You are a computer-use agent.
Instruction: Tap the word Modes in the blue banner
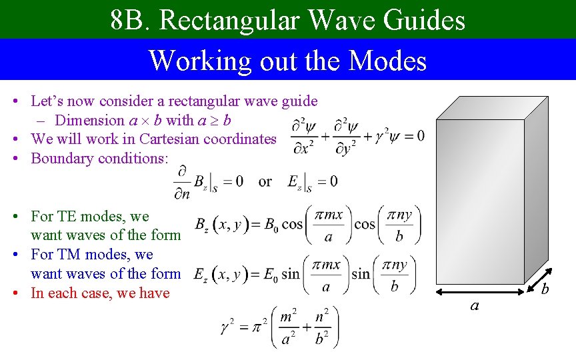point(387,61)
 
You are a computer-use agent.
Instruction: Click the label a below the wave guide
point(474,305)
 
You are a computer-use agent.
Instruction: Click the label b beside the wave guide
point(545,289)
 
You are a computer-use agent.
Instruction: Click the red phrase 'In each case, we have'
point(100,293)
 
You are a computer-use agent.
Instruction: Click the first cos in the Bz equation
point(292,224)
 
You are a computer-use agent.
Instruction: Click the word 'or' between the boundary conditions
point(265,181)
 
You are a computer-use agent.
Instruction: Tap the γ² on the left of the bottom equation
point(227,327)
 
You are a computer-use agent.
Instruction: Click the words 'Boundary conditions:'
point(100,159)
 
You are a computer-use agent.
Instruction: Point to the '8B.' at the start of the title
point(131,21)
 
